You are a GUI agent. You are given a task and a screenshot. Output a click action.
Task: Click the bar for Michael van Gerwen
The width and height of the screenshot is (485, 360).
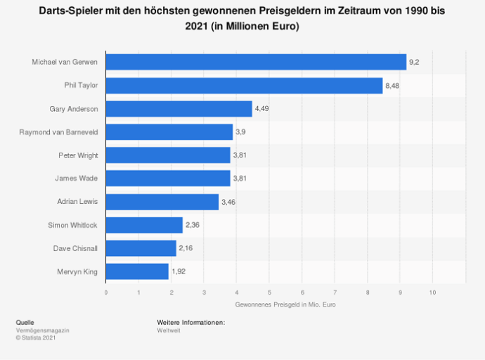point(256,62)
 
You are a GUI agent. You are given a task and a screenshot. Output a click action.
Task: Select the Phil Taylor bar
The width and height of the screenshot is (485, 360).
point(244,86)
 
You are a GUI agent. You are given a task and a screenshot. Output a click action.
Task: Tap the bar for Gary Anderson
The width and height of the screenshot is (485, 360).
point(179,109)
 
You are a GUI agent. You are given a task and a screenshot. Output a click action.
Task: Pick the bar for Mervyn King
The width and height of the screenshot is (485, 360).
point(137,271)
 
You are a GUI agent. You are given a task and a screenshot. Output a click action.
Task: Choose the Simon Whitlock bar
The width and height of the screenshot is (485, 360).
point(144,225)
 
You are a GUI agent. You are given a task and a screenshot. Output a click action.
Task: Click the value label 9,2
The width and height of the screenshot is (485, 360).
point(415,63)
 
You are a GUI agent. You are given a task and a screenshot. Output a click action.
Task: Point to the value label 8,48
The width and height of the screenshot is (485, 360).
point(393,86)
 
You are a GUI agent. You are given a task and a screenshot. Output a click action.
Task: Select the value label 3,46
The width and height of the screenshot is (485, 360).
point(228,202)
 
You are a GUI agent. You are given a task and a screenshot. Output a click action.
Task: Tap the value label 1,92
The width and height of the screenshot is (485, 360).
point(179,271)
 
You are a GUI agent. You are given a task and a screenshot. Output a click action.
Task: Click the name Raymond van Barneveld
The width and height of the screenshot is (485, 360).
point(58,132)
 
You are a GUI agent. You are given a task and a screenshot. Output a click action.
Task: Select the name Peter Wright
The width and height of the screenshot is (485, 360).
point(78,155)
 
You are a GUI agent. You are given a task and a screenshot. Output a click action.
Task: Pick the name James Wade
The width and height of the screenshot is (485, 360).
point(77,179)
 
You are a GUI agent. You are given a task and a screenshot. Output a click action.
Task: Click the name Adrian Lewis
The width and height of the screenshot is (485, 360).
point(77,202)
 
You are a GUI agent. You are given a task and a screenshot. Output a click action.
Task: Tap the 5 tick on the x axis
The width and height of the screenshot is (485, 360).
point(269,292)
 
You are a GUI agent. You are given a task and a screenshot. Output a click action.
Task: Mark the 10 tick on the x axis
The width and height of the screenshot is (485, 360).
point(432,292)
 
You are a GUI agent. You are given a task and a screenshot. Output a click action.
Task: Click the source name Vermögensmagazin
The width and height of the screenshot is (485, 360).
point(42,330)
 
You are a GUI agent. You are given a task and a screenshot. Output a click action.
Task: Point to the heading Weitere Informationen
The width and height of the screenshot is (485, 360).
point(190,322)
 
